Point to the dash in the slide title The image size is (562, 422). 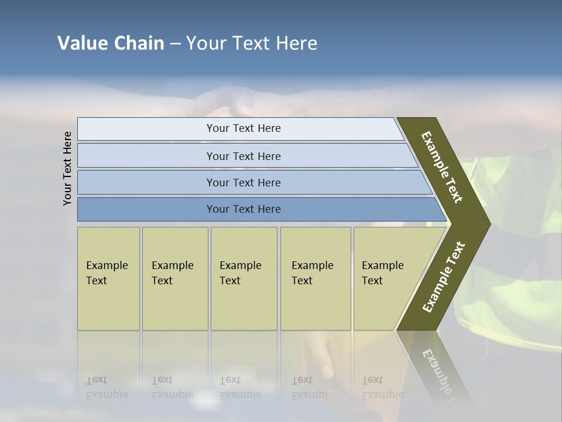coord(175,44)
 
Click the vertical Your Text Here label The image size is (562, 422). coord(67,168)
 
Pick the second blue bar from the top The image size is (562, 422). coord(244,156)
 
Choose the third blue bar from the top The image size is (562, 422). coord(244,182)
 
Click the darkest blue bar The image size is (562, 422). coord(244,209)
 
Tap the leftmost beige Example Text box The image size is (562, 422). coord(108,278)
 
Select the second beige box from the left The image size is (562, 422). coord(175,278)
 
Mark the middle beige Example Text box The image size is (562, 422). coord(244,278)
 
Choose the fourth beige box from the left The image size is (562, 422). coord(316,278)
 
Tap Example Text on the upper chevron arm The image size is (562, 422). coord(443,167)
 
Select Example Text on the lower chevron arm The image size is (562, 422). coord(443,277)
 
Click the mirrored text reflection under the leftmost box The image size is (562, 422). coord(107,387)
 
